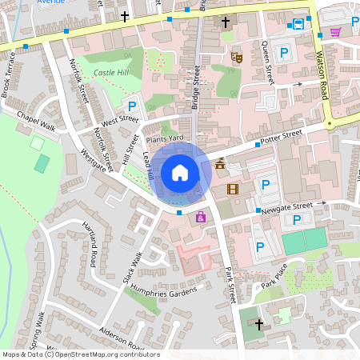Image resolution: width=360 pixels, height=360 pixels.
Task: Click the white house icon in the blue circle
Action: coord(180,172)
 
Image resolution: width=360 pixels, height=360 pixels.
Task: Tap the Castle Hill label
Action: coord(110,73)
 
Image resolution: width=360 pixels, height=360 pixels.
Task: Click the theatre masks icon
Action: coord(236,57)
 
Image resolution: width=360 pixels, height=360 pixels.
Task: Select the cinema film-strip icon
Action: coord(233,189)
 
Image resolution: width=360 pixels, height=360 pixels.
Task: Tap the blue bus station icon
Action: coord(298,24)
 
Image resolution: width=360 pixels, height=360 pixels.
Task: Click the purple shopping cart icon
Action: coord(335,31)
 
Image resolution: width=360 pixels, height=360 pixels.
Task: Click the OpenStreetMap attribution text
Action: coord(80,354)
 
